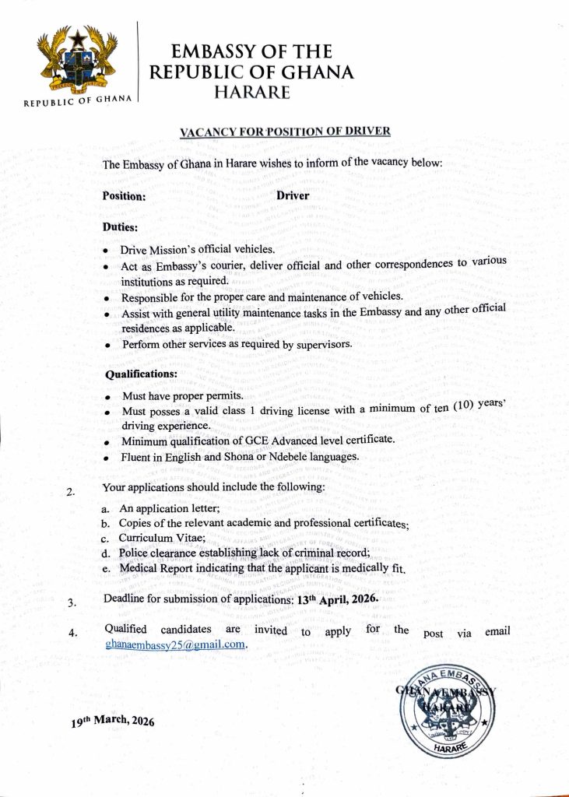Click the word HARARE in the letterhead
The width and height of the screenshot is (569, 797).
click(251, 93)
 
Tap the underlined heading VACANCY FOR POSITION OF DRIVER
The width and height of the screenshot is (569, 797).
click(285, 131)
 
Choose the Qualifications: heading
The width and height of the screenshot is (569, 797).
click(141, 374)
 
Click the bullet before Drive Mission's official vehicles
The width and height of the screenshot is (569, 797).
click(106, 251)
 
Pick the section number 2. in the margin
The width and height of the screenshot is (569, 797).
click(71, 492)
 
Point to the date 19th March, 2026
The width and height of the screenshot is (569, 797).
click(113, 720)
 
